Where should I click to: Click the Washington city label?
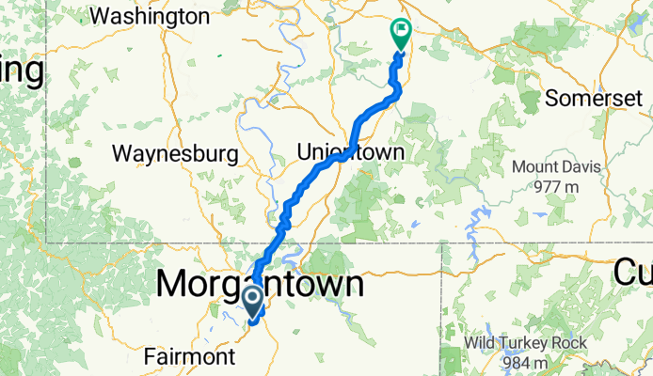coord(151,16)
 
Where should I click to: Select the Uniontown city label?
coord(350,151)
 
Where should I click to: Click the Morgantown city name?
coord(260,283)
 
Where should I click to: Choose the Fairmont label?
coord(189,357)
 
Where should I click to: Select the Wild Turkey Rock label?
coord(532,343)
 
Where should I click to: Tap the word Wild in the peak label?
coord(488,343)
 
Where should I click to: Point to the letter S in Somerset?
coord(552,98)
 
